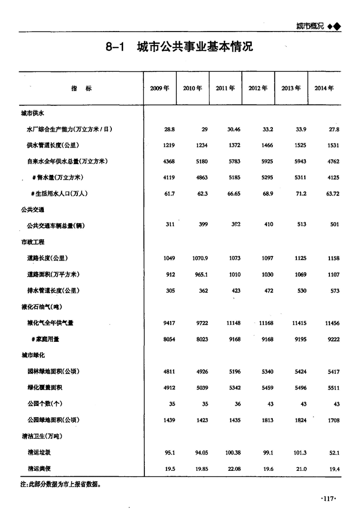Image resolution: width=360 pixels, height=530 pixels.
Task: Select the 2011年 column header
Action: point(225,89)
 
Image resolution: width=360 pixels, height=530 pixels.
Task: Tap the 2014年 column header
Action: point(324,89)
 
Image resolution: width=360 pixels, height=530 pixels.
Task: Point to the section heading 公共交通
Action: point(32,210)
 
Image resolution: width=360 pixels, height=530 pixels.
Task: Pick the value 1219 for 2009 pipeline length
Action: point(169,145)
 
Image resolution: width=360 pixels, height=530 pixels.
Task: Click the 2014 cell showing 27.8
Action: point(334,130)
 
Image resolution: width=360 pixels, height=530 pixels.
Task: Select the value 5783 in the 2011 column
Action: point(234,162)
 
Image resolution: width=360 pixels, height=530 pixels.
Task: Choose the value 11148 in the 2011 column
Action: point(233,323)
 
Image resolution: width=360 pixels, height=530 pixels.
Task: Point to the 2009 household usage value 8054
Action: point(169,339)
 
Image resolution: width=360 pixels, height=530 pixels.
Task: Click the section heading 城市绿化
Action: point(32,355)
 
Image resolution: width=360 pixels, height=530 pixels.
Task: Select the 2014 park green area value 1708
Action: point(333,421)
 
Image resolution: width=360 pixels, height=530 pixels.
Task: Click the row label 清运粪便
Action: point(39,469)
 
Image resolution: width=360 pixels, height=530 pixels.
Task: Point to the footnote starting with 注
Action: point(61,485)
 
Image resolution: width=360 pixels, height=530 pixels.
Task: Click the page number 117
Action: point(327,499)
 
